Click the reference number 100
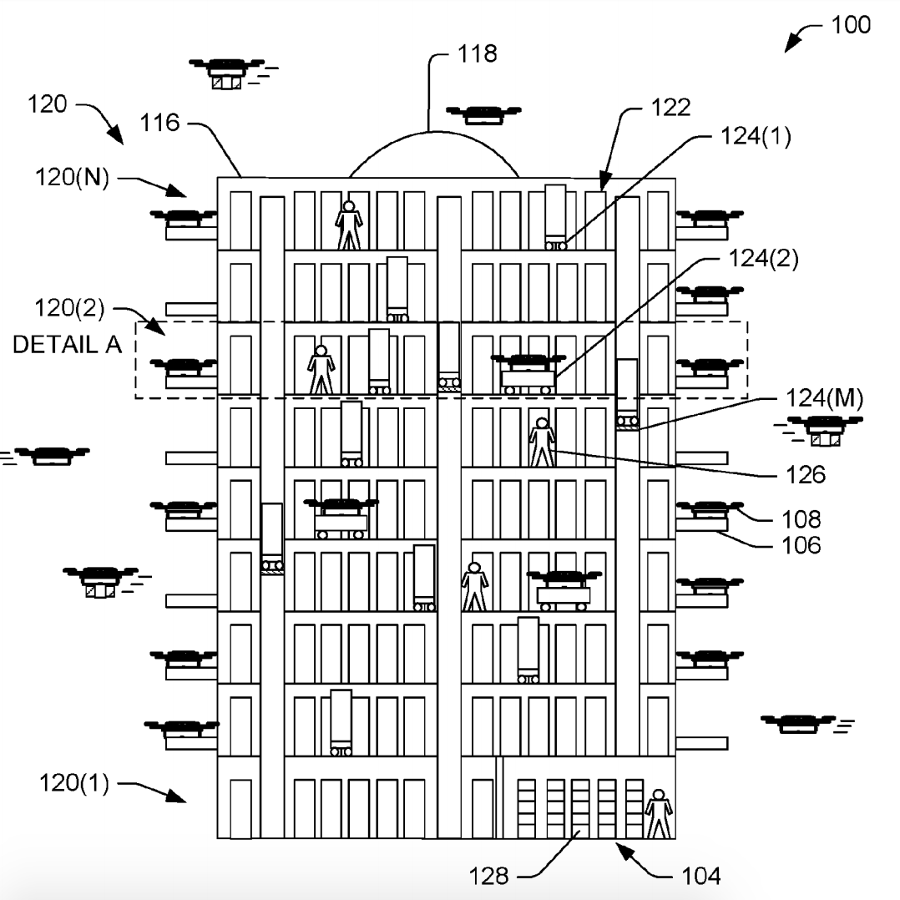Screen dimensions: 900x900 click(x=850, y=25)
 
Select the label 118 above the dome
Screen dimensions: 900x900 click(x=477, y=55)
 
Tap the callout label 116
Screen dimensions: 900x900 click(x=159, y=124)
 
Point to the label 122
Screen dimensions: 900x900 click(x=673, y=107)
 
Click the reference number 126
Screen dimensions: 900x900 click(x=806, y=474)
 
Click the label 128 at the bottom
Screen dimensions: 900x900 click(x=489, y=876)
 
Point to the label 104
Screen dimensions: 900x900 click(x=700, y=876)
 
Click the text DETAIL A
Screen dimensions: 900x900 click(x=67, y=346)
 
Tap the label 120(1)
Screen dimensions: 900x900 click(x=73, y=784)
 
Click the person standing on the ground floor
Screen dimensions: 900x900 click(x=659, y=813)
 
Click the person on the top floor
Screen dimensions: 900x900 click(x=349, y=225)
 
